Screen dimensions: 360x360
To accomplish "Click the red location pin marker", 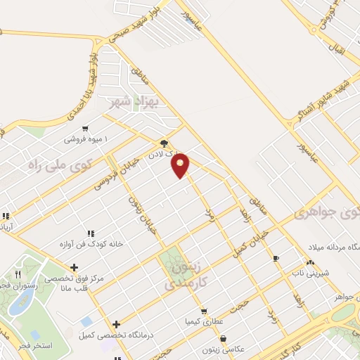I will coord(181,165).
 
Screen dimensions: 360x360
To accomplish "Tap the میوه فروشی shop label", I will coord(84,139).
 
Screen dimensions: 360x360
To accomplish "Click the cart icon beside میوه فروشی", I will coord(85,129).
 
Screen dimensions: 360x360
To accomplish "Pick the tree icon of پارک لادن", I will coord(164,141).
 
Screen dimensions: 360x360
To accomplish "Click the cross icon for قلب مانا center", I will coord(74,267).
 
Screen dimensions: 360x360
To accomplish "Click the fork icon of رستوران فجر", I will coord(18,274).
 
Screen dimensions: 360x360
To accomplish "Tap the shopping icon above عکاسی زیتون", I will coord(222,338).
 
